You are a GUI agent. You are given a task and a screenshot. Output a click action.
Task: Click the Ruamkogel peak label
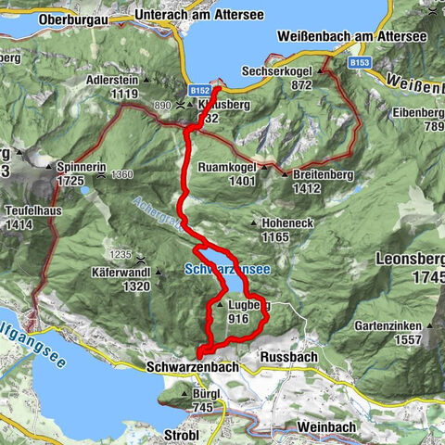click(227, 169)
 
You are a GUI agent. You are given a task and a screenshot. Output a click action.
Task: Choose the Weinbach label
click(327, 426)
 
